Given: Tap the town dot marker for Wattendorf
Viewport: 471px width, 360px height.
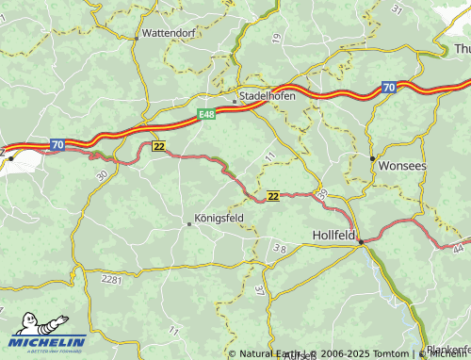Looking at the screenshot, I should point(138,38).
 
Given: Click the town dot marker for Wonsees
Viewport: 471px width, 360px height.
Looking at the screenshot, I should point(373,157).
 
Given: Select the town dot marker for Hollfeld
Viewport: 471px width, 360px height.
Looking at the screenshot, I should point(361,242).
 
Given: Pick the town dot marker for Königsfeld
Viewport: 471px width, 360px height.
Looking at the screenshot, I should point(188,224).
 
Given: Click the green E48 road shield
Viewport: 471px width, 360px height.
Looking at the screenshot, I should point(207,114).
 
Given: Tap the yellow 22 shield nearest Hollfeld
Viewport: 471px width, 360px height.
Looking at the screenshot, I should point(272,196).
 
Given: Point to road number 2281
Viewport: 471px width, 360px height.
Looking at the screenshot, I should point(112,280).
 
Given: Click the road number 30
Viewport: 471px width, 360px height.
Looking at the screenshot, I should point(101,175).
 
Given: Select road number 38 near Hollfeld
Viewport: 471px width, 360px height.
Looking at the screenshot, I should point(279,249).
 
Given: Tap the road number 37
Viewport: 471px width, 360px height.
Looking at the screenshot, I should point(259,290).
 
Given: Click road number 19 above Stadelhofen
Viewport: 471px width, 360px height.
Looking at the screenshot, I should point(276,38).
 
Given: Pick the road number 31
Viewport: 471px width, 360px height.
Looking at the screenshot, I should point(398,8).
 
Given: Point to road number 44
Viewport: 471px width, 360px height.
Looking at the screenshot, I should point(458,248).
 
